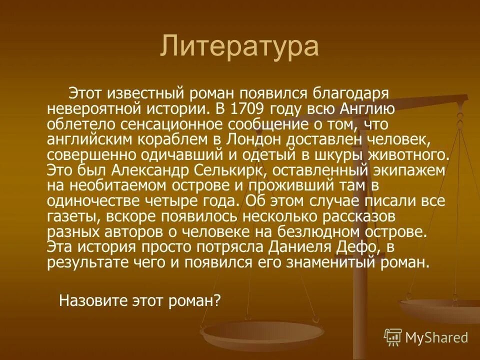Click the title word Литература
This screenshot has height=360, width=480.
pos(239,47)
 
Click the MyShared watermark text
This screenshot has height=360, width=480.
pos(436,337)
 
